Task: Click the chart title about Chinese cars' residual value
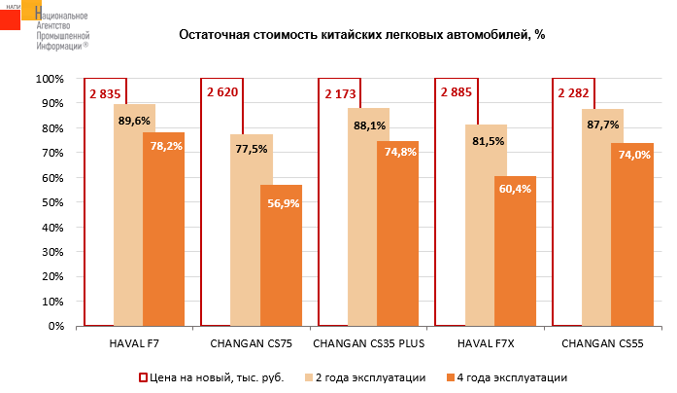coord(361,35)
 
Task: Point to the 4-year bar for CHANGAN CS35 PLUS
coord(397,233)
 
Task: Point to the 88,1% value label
coord(370,125)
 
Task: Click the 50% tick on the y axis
coord(51,202)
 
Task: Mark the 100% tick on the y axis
coord(49,79)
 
